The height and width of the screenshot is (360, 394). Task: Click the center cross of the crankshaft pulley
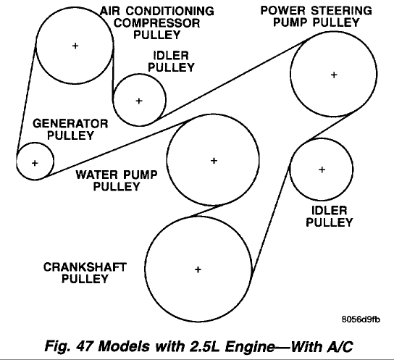click(198, 269)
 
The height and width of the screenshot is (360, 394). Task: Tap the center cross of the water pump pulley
click(214, 161)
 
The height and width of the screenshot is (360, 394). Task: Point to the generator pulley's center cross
click(35, 163)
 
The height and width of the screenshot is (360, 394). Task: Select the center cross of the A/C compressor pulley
click(75, 46)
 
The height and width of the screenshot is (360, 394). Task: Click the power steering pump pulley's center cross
click(334, 75)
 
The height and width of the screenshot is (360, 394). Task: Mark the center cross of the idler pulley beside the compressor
click(139, 101)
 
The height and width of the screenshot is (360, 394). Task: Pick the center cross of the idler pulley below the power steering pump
click(322, 169)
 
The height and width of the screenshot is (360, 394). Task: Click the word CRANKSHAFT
click(85, 267)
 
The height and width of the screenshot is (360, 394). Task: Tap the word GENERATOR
click(70, 124)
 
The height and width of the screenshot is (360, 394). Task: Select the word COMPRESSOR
click(157, 23)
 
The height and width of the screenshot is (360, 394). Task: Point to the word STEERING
click(341, 11)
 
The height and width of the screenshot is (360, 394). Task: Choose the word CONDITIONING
click(170, 12)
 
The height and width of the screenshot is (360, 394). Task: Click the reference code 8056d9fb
click(361, 319)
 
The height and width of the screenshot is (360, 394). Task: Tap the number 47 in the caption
click(85, 346)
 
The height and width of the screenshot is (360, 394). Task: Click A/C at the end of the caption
click(340, 346)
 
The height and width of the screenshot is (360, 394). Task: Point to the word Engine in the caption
click(250, 347)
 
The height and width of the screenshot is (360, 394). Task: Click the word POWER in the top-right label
click(283, 11)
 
